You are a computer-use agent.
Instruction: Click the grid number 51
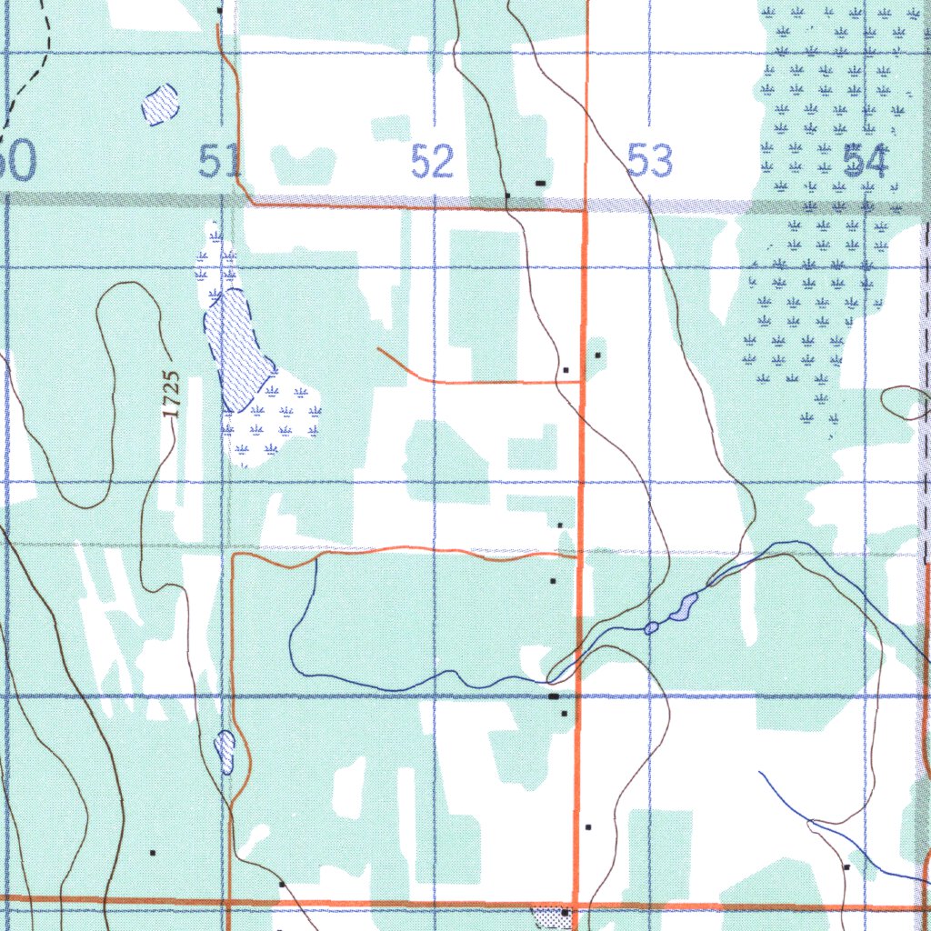coord(219,162)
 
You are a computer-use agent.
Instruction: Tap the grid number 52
coord(432,163)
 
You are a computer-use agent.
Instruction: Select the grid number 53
coord(650,162)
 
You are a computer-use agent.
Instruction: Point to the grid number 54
coord(865,162)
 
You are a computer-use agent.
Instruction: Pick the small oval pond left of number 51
coord(160,105)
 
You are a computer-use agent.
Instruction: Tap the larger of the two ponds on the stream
coord(684,608)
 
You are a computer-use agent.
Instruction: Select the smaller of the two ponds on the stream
coord(651,627)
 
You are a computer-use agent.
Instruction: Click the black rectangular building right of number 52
coord(541,184)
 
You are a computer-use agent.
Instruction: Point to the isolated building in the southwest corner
coord(153,853)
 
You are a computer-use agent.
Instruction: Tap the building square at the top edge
coord(220,10)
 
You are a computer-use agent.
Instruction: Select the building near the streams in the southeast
coord(846,867)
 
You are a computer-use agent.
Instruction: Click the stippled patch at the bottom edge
coord(549,918)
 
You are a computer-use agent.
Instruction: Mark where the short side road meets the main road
coord(581,383)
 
